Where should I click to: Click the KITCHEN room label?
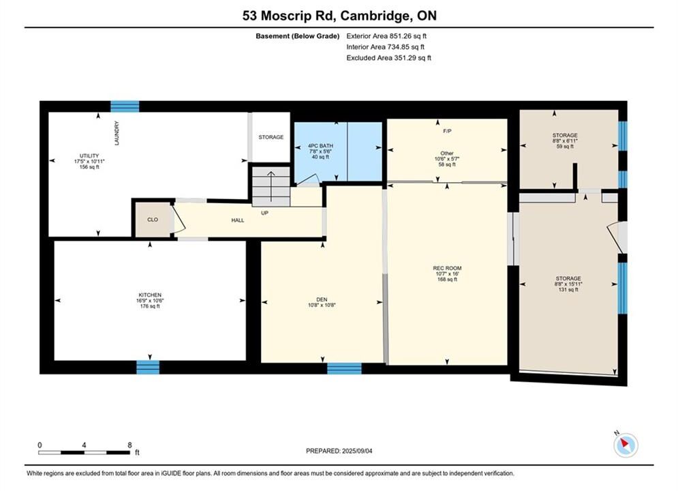click(x=150, y=295)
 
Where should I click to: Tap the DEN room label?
click(x=322, y=299)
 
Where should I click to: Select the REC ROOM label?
click(x=447, y=268)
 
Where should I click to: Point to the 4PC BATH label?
click(x=320, y=146)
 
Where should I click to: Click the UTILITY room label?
click(x=89, y=155)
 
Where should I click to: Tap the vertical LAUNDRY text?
click(x=117, y=133)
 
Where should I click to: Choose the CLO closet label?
click(x=153, y=220)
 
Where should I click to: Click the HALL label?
click(x=238, y=220)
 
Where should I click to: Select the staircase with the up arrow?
click(x=271, y=186)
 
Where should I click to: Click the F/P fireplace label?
click(x=447, y=131)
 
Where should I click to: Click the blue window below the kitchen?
click(x=148, y=368)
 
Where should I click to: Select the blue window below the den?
click(x=344, y=368)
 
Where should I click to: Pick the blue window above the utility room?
click(x=125, y=106)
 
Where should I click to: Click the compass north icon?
click(x=626, y=445)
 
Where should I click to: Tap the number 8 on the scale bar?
click(x=129, y=445)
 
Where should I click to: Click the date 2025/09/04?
click(x=357, y=451)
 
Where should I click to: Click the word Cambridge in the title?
click(x=375, y=16)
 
